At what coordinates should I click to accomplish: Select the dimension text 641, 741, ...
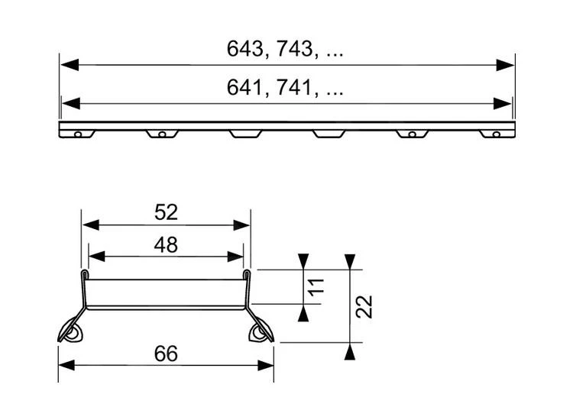(x=285, y=89)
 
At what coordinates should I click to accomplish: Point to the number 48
(x=166, y=244)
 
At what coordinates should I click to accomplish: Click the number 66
(x=166, y=354)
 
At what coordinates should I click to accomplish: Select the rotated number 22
(x=366, y=306)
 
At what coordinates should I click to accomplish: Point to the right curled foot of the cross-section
(x=261, y=331)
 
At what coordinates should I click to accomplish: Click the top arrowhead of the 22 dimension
(x=350, y=260)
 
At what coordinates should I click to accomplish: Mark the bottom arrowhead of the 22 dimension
(x=350, y=351)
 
